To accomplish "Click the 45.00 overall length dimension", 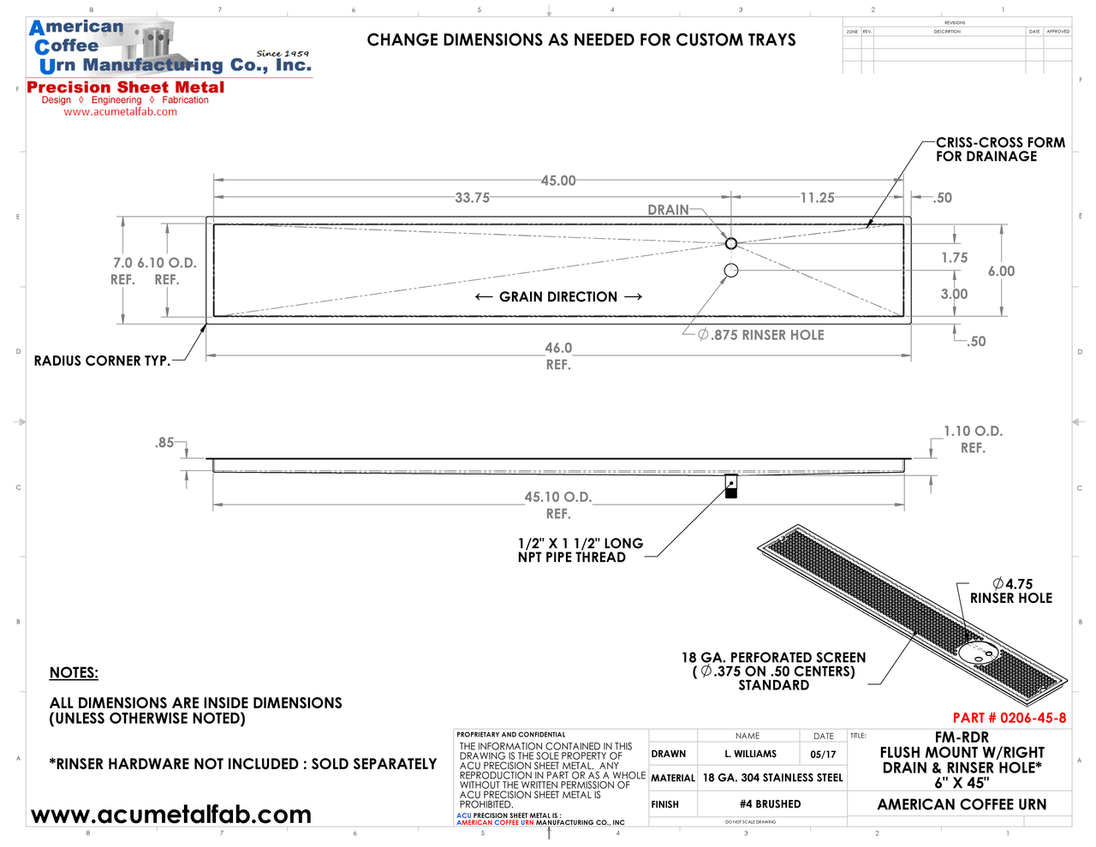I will [558, 181].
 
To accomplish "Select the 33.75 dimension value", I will [472, 198].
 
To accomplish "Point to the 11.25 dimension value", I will [817, 198].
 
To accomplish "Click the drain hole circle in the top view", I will [731, 243].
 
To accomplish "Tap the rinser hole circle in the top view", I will [731, 271].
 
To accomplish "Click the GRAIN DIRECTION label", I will [558, 297].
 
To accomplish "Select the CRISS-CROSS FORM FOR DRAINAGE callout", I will [1000, 150].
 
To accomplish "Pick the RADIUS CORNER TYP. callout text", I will [102, 361].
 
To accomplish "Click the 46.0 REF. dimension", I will [558, 355].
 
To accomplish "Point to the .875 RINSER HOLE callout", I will [761, 335].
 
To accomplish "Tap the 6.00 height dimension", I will [1001, 271].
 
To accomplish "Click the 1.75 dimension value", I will [955, 258].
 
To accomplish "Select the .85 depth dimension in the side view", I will [164, 443].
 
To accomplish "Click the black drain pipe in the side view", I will [731, 487].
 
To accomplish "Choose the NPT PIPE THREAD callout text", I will [580, 550].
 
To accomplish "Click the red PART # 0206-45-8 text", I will [1010, 718].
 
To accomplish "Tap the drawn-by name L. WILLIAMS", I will [750, 755].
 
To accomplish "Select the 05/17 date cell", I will [823, 755].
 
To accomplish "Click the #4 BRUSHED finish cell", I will [771, 804].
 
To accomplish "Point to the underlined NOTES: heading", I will [74, 673].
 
